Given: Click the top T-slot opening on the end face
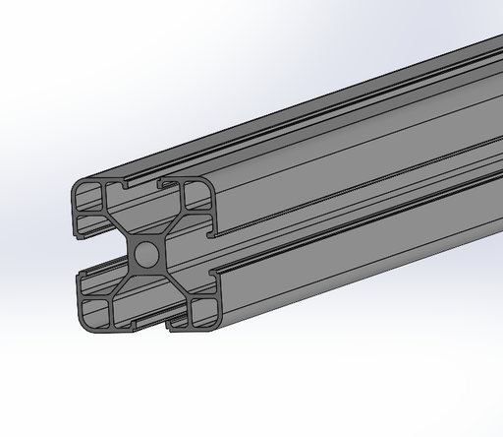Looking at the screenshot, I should point(140,184).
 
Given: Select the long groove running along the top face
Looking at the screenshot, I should point(324,119).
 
